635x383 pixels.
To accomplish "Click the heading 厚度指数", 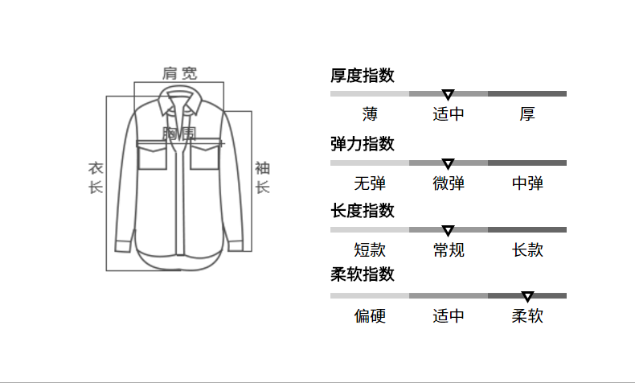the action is click(x=362, y=76).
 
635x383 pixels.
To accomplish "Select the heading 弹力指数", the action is click(x=362, y=144).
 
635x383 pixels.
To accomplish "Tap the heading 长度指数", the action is click(x=362, y=211).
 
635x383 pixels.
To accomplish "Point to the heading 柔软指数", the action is click(x=362, y=275).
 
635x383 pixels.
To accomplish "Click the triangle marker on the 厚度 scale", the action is click(x=449, y=95).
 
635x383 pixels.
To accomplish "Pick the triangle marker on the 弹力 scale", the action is click(x=449, y=164).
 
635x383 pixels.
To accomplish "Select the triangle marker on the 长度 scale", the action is click(x=449, y=231).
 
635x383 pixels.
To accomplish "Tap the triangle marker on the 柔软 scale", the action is click(x=527, y=297).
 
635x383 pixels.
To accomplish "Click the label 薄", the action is click(x=370, y=114).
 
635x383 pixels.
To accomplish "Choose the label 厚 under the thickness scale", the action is click(x=527, y=114).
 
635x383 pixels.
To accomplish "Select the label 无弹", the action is click(x=370, y=183).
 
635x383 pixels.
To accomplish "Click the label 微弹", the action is click(x=449, y=183).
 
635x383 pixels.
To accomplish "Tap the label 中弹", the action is click(x=527, y=183).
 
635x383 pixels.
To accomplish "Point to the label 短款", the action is click(x=370, y=250).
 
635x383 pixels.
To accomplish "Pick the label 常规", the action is click(x=449, y=250).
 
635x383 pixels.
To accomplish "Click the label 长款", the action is click(x=527, y=250).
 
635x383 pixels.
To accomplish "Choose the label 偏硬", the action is click(x=370, y=316).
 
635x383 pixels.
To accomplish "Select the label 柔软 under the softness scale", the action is click(x=527, y=316).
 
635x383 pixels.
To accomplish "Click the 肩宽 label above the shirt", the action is click(x=179, y=73).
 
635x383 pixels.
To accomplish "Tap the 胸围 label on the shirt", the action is click(x=179, y=134).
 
